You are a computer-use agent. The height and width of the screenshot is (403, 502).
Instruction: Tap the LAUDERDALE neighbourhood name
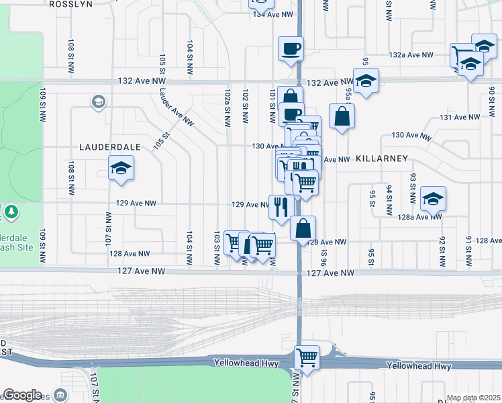tap(109, 146)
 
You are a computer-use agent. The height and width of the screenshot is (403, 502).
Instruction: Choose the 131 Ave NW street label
tap(460, 117)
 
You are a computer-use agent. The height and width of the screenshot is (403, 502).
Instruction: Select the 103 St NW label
tap(216, 248)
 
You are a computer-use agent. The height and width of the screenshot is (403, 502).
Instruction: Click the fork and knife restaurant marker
tap(280, 206)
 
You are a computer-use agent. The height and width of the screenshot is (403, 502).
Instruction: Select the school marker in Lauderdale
tap(121, 168)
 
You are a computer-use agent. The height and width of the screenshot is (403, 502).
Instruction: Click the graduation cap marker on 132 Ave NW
tap(366, 81)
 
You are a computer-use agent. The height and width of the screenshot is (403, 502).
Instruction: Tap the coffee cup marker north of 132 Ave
tap(291, 48)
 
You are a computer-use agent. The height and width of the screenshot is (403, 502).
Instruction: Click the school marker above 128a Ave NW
tap(434, 198)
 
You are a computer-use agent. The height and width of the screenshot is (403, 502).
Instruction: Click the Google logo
tap(22, 395)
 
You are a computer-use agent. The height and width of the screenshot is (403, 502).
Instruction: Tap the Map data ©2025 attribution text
tap(473, 398)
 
